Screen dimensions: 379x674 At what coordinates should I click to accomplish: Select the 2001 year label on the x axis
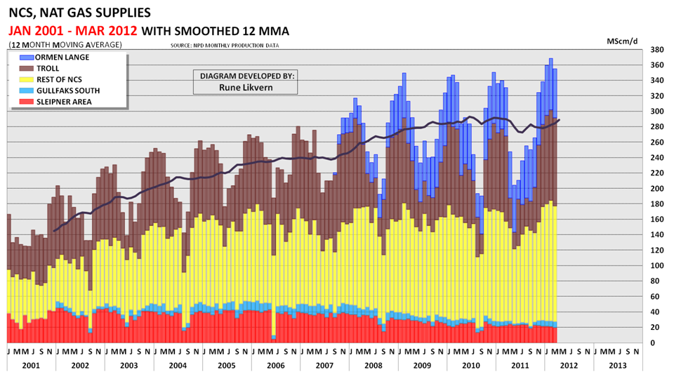click(x=31, y=365)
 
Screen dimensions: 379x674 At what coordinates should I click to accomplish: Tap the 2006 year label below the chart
click(x=275, y=365)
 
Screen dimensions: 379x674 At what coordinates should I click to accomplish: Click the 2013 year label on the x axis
click(x=617, y=365)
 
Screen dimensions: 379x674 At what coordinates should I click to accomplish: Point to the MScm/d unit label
click(x=622, y=40)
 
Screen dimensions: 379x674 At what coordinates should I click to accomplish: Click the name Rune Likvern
click(x=246, y=87)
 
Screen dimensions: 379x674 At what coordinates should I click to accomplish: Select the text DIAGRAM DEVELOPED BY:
click(x=246, y=76)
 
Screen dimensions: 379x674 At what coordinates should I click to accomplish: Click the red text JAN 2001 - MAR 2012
click(x=73, y=31)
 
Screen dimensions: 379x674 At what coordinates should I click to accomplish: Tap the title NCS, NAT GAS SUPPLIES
click(x=79, y=13)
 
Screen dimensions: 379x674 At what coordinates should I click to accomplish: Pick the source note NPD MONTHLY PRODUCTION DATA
click(x=225, y=46)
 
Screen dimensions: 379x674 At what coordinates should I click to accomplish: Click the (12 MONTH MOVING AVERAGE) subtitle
click(x=65, y=45)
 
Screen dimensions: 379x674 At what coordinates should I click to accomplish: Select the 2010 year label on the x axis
click(x=470, y=365)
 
